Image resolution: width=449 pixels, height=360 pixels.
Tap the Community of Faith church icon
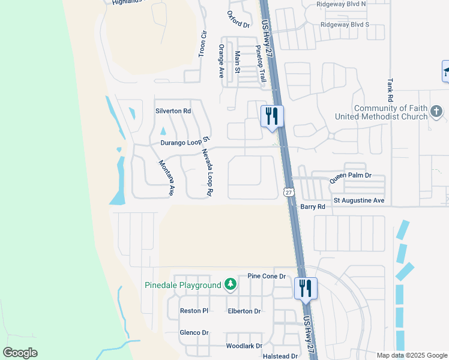tap(436, 112)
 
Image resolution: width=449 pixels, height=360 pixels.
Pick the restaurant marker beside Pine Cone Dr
tap(306, 289)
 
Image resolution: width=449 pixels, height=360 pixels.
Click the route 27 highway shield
tap(289, 192)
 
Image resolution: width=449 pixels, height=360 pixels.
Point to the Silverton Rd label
tap(173, 111)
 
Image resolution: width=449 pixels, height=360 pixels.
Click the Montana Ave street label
tap(166, 178)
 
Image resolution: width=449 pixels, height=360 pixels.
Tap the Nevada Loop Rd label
tap(208, 173)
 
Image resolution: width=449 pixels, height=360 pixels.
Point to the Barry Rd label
tap(312, 206)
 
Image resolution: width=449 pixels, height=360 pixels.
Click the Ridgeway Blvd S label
tap(345, 25)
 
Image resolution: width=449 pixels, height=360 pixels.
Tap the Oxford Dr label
tap(238, 19)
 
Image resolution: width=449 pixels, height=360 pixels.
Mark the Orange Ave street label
tap(221, 61)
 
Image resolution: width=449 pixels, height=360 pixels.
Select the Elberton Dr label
tap(244, 311)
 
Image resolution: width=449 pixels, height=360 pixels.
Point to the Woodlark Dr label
tap(244, 346)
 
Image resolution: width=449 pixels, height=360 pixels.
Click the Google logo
tap(20, 352)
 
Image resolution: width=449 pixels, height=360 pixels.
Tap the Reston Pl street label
tap(194, 311)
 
